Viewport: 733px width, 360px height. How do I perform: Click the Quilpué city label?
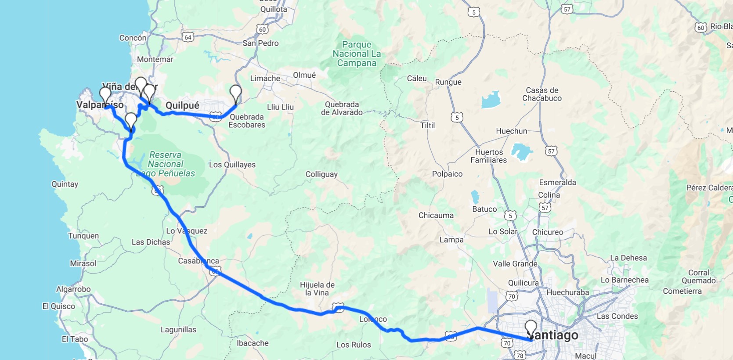(182, 105)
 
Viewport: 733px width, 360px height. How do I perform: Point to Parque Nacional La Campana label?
(357, 54)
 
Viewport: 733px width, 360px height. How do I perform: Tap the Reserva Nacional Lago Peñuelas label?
(166, 164)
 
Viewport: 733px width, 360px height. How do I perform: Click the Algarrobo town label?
(73, 289)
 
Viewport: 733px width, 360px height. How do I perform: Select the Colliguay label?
(321, 174)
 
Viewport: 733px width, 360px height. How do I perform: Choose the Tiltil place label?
(427, 126)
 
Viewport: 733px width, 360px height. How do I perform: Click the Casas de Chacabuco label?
(542, 94)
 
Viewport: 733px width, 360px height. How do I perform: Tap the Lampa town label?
(451, 240)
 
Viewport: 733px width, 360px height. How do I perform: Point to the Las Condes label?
(617, 316)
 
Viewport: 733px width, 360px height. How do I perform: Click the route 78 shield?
(520, 355)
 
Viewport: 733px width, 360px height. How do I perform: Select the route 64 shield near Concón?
(188, 37)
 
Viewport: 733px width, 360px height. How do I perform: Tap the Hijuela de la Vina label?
(317, 288)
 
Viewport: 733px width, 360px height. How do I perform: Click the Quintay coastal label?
(65, 184)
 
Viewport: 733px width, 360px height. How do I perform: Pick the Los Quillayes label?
(232, 165)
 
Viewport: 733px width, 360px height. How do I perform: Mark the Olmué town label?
(304, 75)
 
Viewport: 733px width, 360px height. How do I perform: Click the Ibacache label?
(253, 343)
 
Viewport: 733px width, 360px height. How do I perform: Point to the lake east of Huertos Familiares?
(521, 152)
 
